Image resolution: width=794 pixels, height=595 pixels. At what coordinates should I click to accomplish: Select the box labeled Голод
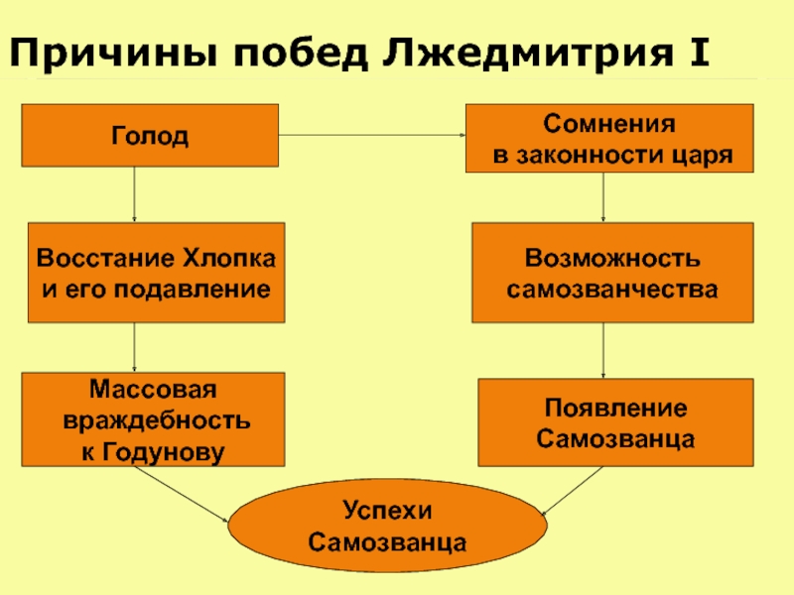[150, 135]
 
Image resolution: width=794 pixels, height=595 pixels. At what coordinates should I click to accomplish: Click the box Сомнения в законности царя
[609, 139]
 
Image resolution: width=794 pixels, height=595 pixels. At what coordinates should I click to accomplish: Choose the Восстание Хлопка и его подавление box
[155, 272]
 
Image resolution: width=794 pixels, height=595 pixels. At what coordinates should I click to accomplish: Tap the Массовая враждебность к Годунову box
[155, 420]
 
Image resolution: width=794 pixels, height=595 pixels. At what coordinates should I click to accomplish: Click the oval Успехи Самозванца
[389, 527]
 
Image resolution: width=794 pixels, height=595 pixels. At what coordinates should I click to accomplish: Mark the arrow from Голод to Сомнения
[372, 136]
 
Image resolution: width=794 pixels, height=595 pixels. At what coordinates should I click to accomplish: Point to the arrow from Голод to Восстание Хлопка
[135, 193]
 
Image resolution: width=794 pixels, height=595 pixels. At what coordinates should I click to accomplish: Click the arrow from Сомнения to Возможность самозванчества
[604, 197]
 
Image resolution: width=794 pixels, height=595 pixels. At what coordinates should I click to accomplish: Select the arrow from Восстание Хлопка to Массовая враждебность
[135, 347]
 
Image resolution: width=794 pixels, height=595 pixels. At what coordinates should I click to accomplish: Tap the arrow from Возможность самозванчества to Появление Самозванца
[604, 350]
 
